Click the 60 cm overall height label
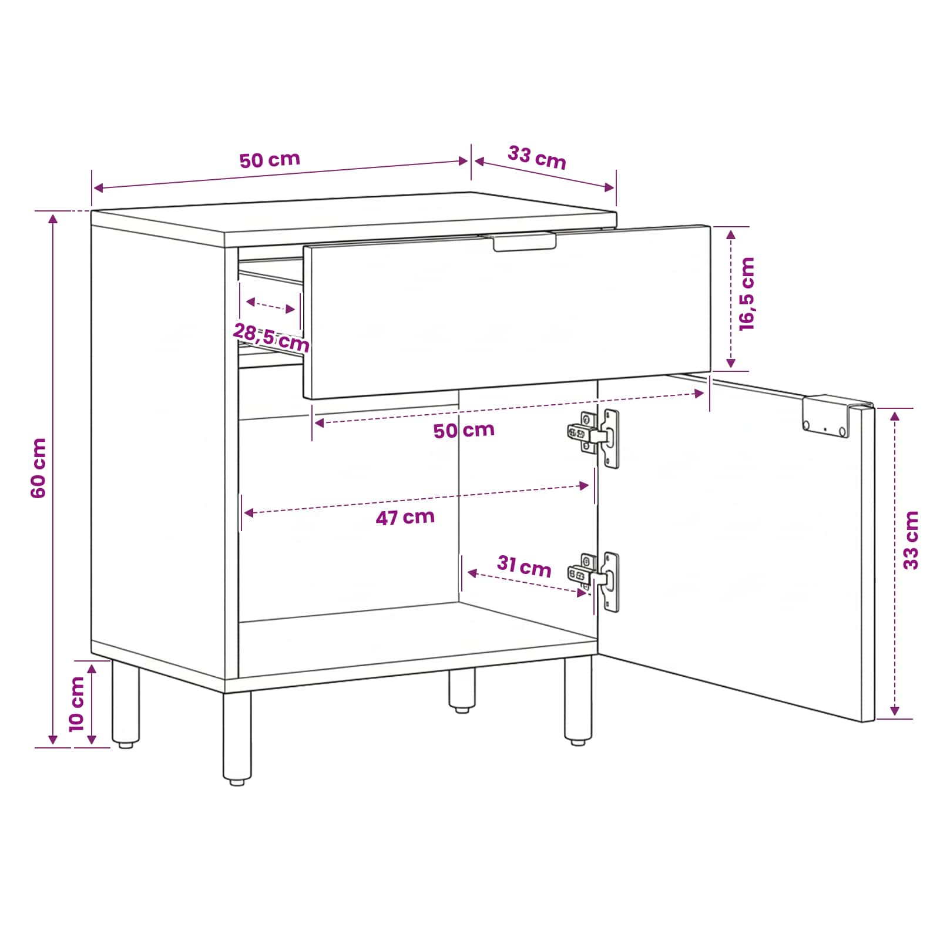coord(38,468)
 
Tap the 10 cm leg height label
coord(77,704)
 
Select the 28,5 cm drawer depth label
coord(271,337)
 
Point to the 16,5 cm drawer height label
coord(746,294)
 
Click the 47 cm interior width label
coord(405,518)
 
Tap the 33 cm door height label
coord(911,540)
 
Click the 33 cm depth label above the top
coord(537,157)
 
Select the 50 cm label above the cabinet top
coord(270,160)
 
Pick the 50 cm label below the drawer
coord(464,431)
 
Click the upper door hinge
coord(594,437)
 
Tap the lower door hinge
coord(594,580)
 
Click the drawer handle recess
coord(524,241)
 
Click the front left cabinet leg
coord(237,737)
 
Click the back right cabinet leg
coord(462,691)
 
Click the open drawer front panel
coord(507,312)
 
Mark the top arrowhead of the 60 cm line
coord(53,219)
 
